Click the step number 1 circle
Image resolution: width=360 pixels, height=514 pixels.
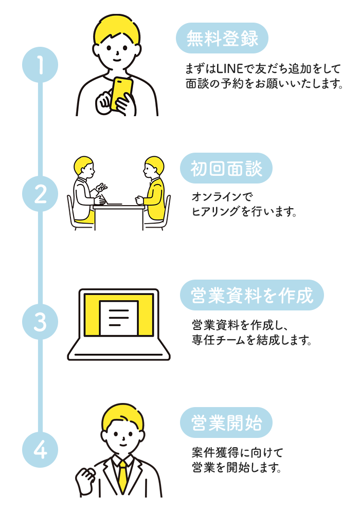(40, 65)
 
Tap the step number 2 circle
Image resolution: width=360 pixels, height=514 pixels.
(40, 194)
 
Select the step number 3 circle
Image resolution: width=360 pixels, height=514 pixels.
(40, 323)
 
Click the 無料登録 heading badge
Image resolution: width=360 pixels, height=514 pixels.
(222, 39)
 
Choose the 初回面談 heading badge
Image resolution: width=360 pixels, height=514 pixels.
(226, 168)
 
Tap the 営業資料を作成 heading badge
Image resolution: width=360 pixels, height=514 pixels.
(251, 296)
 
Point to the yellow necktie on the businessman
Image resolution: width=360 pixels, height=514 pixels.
(122, 475)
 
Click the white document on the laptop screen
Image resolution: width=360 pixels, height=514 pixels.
(119, 317)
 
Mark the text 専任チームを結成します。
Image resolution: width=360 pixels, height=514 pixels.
(251, 340)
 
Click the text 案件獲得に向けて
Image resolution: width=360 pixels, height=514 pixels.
(237, 453)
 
